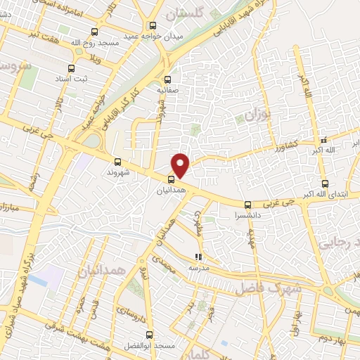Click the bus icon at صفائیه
pyautogui.click(x=167, y=79)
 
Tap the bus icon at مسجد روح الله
pyautogui.click(x=95, y=32)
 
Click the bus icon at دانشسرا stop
pyautogui.click(x=246, y=205)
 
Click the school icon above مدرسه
pyautogui.click(x=198, y=257)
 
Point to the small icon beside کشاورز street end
pyautogui.click(x=323, y=139)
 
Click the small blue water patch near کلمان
pyautogui.click(x=43, y=281)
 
